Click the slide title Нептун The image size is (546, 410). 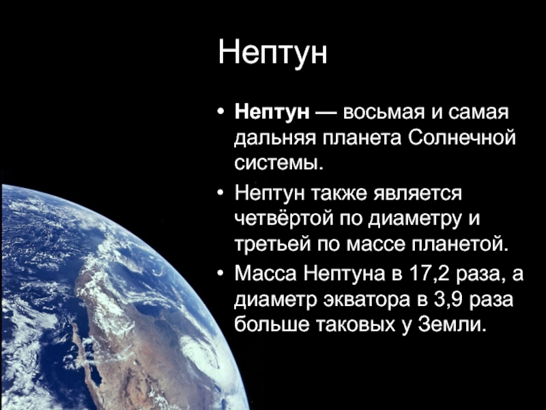click(272, 53)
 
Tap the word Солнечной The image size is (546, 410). click(461, 138)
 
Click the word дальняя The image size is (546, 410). click(275, 139)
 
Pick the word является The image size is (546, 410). click(418, 193)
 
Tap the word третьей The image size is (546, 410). click(272, 245)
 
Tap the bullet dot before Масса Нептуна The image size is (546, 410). click(220, 274)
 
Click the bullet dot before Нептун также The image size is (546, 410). click(220, 193)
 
